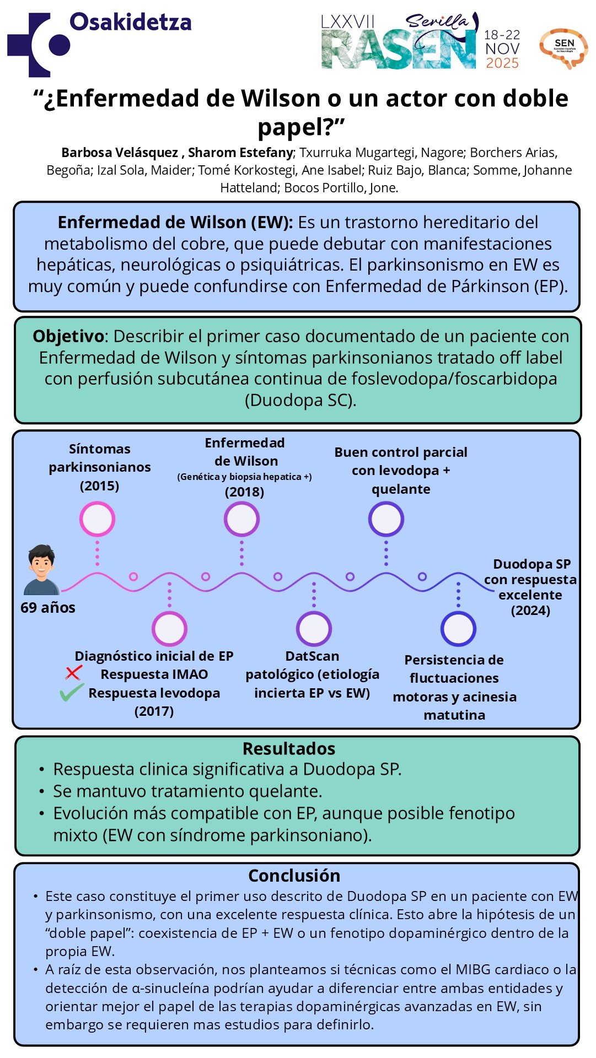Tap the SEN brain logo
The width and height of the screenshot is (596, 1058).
[x=563, y=48]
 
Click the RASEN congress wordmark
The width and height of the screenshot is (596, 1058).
[x=398, y=50]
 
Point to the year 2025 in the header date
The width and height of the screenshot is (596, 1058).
[x=502, y=63]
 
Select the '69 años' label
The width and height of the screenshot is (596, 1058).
[x=48, y=608]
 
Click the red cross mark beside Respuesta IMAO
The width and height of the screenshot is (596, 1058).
[x=73, y=673]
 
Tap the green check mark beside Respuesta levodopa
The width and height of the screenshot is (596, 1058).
[x=72, y=692]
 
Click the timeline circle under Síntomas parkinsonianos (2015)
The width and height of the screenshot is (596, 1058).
[x=98, y=519]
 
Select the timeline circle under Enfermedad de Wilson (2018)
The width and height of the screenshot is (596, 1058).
[x=241, y=519]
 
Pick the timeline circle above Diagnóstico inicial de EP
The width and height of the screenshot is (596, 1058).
[x=169, y=629]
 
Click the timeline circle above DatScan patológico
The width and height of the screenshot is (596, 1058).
[x=314, y=629]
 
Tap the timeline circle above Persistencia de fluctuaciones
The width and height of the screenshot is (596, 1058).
[x=458, y=629]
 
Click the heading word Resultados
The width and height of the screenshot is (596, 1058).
[x=289, y=749]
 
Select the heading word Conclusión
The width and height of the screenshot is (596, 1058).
[x=294, y=876]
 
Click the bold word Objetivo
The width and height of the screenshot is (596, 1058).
[x=68, y=336]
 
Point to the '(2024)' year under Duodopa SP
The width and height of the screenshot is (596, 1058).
[x=530, y=611]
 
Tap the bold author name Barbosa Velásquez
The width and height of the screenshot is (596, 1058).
[x=120, y=153]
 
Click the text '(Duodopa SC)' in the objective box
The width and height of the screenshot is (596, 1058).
[x=300, y=400]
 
